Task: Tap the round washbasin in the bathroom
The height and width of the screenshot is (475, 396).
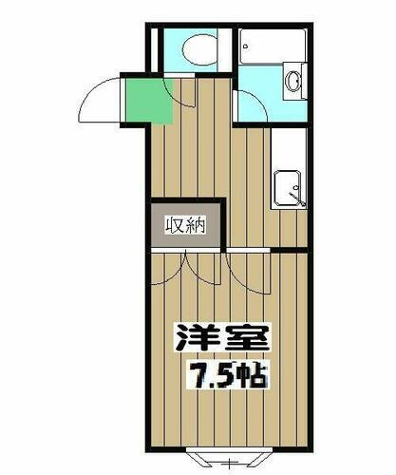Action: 292,82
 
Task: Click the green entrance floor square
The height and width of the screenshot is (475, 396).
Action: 148,100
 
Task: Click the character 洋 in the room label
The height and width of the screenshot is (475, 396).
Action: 193,337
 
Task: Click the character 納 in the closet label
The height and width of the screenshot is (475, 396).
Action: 197,225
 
